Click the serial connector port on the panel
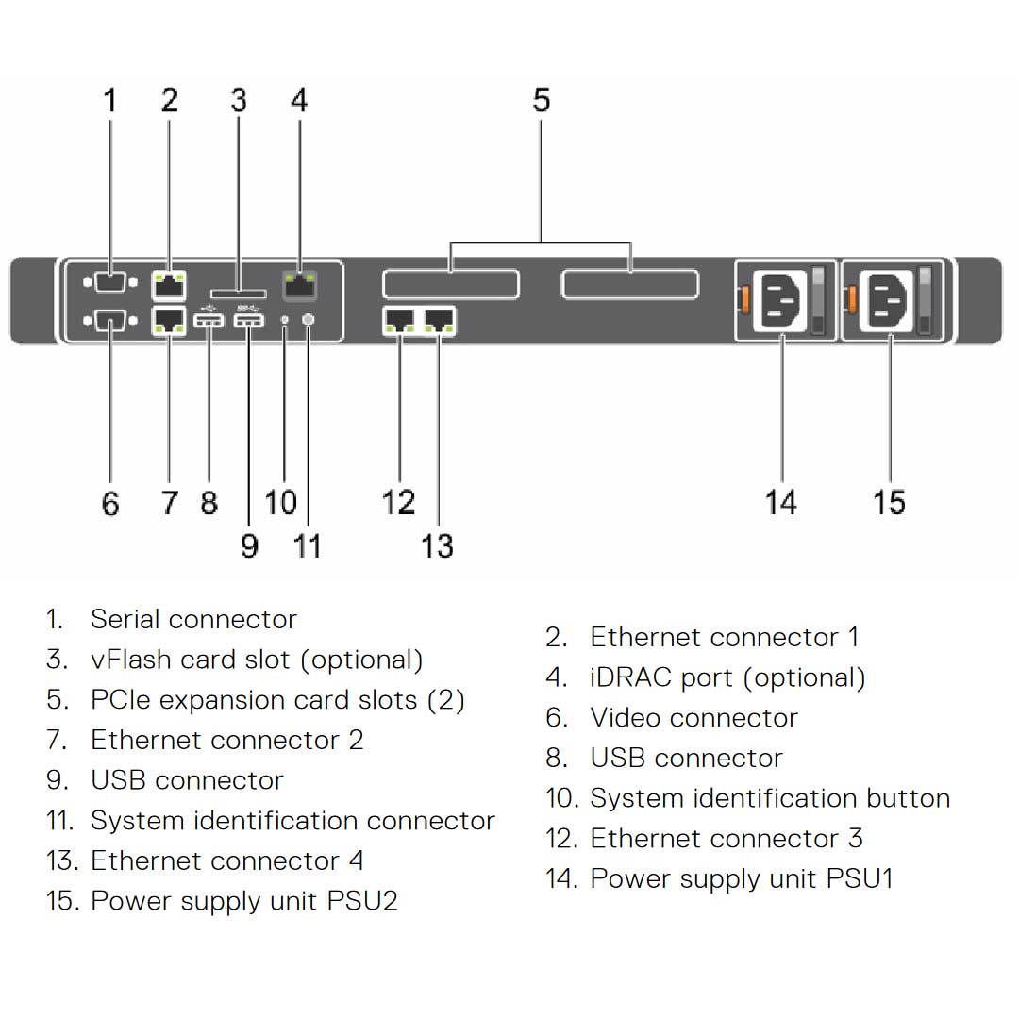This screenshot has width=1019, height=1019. tap(110, 283)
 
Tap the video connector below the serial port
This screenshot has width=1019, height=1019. tap(110, 322)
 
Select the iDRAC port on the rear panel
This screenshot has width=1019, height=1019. tap(300, 280)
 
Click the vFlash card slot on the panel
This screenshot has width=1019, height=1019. tap(238, 294)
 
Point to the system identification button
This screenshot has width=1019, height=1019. tap(286, 322)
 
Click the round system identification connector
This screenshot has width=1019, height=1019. tap(309, 321)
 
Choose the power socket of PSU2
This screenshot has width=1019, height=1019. tap(890, 299)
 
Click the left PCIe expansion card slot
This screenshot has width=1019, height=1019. tap(450, 284)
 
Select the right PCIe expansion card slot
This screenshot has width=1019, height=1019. tap(629, 284)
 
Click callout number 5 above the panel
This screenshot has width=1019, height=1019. tap(541, 100)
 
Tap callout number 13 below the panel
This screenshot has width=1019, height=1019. tap(437, 545)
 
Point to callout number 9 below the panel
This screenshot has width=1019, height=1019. tap(249, 545)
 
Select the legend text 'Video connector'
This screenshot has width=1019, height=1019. tap(693, 718)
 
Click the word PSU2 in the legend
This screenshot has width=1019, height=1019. tap(362, 901)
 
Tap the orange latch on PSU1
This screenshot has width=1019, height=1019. tap(743, 299)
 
